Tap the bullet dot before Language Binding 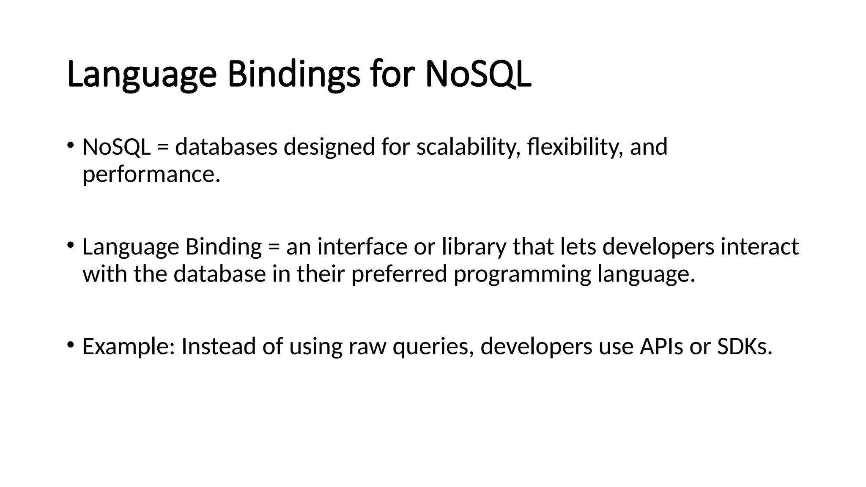tap(70, 245)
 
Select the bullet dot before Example tap(70, 345)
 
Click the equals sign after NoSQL tap(162, 148)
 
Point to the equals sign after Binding tap(274, 247)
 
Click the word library tap(474, 247)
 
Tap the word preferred tap(399, 274)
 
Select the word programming tap(522, 275)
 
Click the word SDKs tap(745, 346)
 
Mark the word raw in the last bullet tap(367, 347)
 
